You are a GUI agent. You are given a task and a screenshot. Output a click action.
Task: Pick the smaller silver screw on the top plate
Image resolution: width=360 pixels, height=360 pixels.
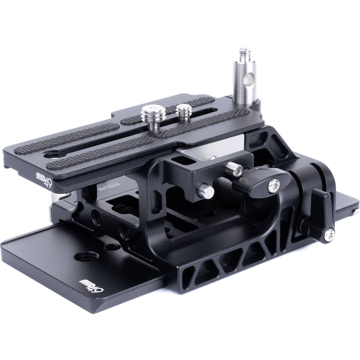(x=183, y=110)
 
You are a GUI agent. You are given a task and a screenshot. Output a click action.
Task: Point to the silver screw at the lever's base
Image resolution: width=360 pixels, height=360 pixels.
(x=331, y=233)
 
